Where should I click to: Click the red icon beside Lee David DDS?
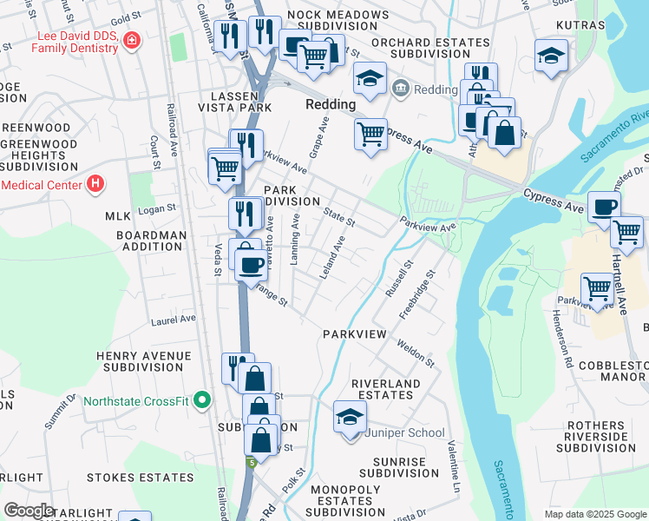pos(131,40)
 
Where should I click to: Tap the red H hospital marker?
pos(95,184)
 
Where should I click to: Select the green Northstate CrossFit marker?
pos(203,400)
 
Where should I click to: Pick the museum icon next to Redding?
pos(401,88)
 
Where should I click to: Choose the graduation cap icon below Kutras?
pos(551,57)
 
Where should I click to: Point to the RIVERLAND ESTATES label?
pos(385,389)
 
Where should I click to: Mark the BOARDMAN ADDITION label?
pos(152,241)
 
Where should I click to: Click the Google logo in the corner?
pos(29,511)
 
